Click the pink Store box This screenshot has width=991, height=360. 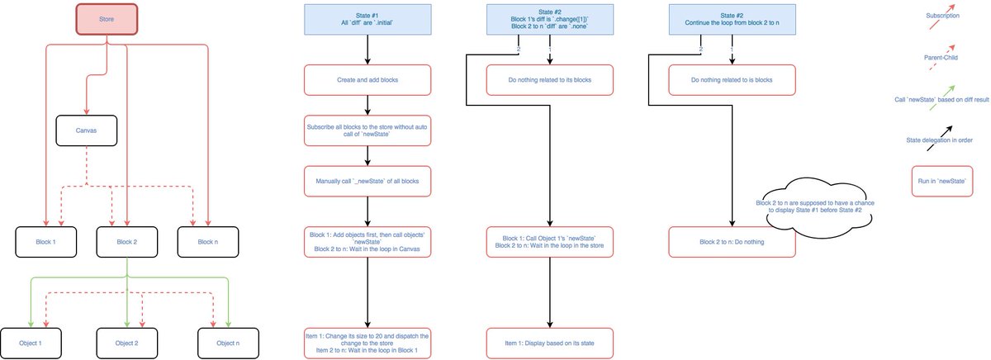[107, 20]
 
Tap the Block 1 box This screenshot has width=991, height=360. [45, 242]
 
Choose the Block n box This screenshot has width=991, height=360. [207, 242]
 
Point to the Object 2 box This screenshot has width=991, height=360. [126, 342]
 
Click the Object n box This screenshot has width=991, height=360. [228, 342]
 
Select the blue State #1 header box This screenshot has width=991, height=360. [367, 20]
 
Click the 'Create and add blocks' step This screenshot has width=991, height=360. [367, 80]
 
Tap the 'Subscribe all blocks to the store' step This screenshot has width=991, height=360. [367, 131]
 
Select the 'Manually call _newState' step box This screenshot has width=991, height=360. [367, 182]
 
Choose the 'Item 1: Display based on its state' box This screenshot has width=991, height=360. [549, 342]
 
